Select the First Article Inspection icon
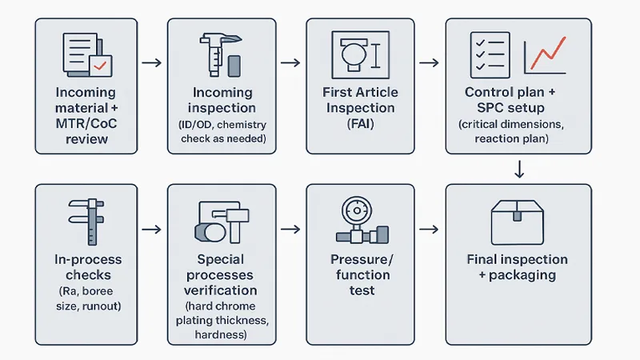coord(360,55)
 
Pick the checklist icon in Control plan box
coord(490,55)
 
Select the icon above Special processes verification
coord(222,222)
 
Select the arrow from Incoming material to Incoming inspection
coord(151,62)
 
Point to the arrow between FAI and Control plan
coord(429,62)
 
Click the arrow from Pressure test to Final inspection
coord(429,230)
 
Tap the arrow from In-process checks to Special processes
coord(151,230)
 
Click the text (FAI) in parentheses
coord(360,125)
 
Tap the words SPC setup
coord(517,108)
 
